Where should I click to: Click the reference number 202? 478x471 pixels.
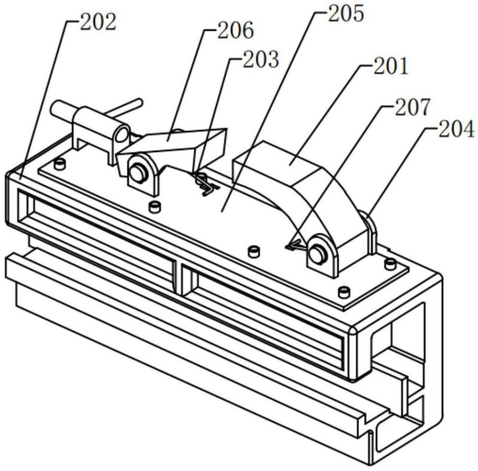point(98,22)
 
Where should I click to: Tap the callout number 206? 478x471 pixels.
point(235,30)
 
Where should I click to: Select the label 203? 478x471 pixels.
point(261,59)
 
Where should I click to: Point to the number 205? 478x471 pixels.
point(346,14)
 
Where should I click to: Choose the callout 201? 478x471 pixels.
point(391,66)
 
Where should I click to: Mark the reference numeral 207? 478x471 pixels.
point(412,107)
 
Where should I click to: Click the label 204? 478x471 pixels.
point(456,129)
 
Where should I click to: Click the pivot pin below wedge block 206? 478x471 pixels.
point(138,173)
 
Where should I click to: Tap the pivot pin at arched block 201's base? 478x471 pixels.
point(317,254)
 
